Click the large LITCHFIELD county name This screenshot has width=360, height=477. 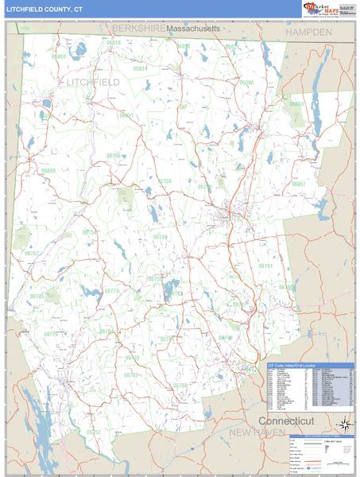93,82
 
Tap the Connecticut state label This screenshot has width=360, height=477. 286,420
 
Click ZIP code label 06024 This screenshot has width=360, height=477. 140,68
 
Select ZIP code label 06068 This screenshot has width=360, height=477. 60,56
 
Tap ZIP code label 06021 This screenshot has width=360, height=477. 127,115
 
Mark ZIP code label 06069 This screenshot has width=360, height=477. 48,170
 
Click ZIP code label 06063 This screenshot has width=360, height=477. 296,104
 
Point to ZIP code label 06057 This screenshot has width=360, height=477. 298,184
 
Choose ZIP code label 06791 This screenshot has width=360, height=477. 265,266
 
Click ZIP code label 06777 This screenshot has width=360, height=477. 112,291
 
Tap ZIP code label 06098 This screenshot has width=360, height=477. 246,82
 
